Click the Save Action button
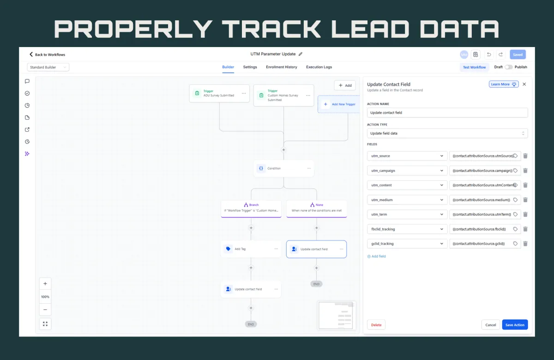(515, 325)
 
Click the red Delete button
(376, 325)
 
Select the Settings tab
(250, 67)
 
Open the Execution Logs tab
(319, 67)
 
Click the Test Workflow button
(475, 67)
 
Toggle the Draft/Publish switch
(508, 67)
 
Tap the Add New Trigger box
(339, 104)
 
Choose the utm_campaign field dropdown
(407, 171)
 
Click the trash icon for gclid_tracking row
(525, 244)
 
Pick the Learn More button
(504, 84)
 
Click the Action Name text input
(447, 113)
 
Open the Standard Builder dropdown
(48, 67)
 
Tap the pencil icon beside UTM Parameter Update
(301, 54)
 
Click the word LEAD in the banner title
(372, 29)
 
